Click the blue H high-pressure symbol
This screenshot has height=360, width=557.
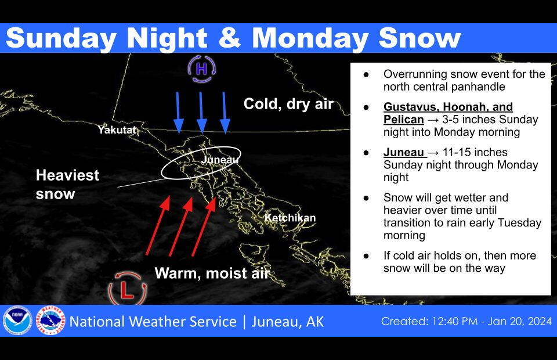pyautogui.click(x=201, y=70)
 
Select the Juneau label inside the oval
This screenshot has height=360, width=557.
pyautogui.click(x=219, y=159)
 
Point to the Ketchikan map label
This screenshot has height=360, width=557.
pyautogui.click(x=290, y=218)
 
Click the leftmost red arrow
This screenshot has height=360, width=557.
pyautogui.click(x=157, y=226)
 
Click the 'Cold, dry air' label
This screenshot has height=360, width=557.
pyautogui.click(x=288, y=104)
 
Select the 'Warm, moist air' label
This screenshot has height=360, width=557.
pyautogui.click(x=212, y=273)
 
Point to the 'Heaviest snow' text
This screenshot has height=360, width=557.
pyautogui.click(x=67, y=184)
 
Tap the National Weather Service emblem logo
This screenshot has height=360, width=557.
pyautogui.click(x=51, y=321)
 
